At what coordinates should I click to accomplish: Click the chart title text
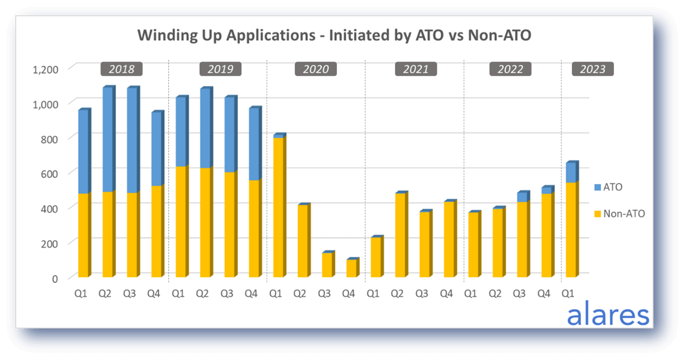coord(334,36)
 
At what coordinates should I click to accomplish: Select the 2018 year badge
coord(122,69)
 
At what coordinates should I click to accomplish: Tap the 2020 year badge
coord(316,69)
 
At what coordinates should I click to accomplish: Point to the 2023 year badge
coord(593,69)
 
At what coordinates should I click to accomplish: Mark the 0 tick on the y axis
coord(54,278)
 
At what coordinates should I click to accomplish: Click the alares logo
coord(608,315)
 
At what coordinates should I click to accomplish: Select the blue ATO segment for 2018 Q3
coord(132,141)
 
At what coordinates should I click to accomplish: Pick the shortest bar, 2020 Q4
coord(351,268)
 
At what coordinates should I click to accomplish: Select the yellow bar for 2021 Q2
coord(400,235)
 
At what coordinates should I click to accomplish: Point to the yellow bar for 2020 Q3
coord(327,265)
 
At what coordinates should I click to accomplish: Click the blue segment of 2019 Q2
coord(205,129)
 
